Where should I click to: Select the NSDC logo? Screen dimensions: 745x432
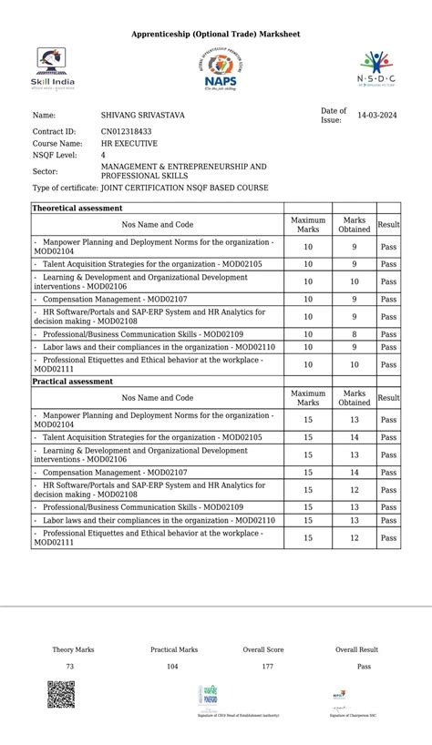point(376,68)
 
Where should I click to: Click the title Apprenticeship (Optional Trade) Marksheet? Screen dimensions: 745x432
point(215,34)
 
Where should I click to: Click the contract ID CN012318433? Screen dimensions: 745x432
point(126,131)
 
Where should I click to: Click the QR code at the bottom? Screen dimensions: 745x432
point(61,694)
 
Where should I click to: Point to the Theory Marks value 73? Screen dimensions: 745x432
point(70,667)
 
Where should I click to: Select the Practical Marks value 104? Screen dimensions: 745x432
point(172,667)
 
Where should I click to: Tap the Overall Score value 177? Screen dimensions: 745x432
point(267,667)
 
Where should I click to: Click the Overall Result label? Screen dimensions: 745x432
point(356,650)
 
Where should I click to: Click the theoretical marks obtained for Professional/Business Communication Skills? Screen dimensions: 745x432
point(354,334)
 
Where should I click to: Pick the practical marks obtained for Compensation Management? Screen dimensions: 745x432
point(354,473)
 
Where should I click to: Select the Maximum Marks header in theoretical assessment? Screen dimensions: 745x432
point(308,224)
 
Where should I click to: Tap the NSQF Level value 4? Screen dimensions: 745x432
point(103,156)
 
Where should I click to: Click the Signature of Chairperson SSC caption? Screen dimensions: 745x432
point(353,716)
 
